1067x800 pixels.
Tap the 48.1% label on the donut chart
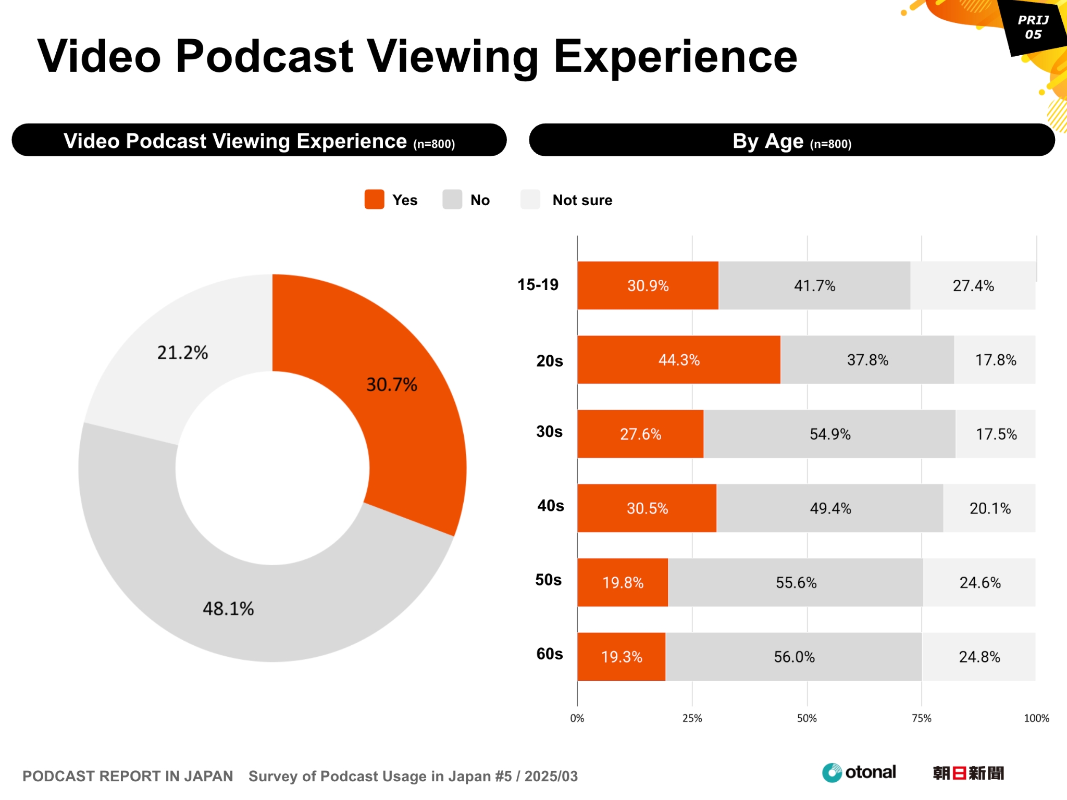(228, 608)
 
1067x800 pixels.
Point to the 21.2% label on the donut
(182, 353)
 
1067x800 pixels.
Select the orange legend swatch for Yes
(374, 199)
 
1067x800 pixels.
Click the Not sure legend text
(582, 200)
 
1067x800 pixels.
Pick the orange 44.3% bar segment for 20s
(678, 360)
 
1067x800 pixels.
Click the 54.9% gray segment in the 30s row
(829, 434)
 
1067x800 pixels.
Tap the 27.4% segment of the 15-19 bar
(973, 285)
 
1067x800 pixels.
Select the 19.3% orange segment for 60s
(621, 657)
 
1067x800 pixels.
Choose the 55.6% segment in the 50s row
(796, 582)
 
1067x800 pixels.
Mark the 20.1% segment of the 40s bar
(989, 508)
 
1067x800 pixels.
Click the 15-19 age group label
(538, 285)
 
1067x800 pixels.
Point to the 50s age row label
(549, 580)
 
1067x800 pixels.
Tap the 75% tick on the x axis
(921, 718)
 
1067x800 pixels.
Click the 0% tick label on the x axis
(577, 718)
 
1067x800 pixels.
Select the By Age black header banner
(791, 141)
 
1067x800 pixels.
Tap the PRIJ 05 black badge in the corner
(1033, 28)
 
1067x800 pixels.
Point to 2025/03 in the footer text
(551, 776)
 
